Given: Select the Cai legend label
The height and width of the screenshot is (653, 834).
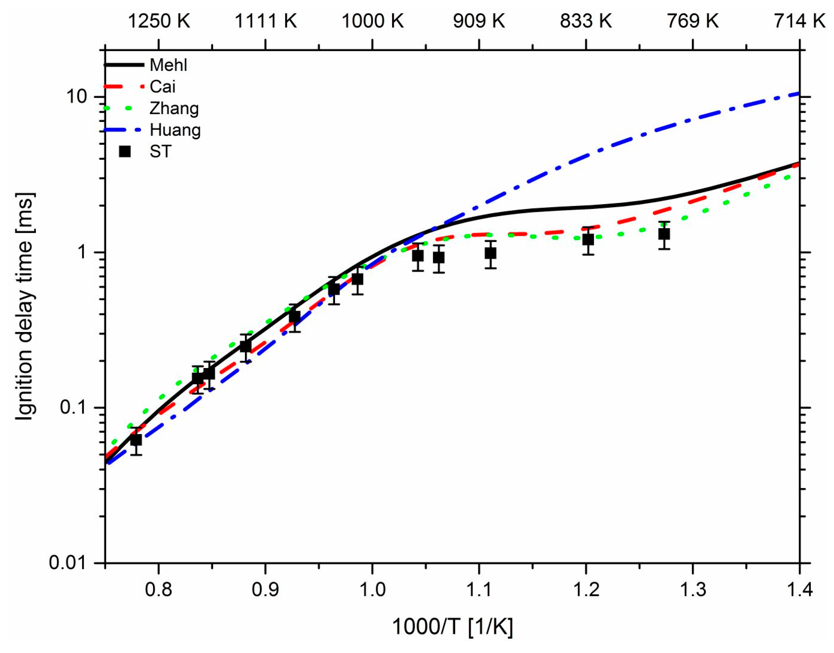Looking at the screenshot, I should point(163,87).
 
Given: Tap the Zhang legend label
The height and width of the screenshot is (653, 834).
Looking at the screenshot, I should point(174,109).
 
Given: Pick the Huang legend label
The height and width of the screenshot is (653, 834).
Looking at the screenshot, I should point(175,130).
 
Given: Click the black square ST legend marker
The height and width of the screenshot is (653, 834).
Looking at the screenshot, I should point(125,151).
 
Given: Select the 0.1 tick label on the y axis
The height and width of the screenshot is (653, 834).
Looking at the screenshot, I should point(73,407).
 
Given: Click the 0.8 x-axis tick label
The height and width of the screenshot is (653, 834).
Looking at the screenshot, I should point(158,590).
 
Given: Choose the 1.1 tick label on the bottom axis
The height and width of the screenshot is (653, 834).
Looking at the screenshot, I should point(479,590).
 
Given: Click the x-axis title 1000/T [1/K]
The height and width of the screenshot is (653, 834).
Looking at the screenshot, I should point(452,627).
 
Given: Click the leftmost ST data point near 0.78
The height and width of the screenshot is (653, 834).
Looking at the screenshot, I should point(136,440).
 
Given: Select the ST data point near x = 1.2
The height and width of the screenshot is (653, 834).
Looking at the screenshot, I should point(588,240).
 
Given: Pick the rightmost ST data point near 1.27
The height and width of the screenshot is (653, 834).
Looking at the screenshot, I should point(664,234).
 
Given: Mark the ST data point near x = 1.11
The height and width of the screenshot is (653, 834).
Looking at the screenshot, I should point(490,253).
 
